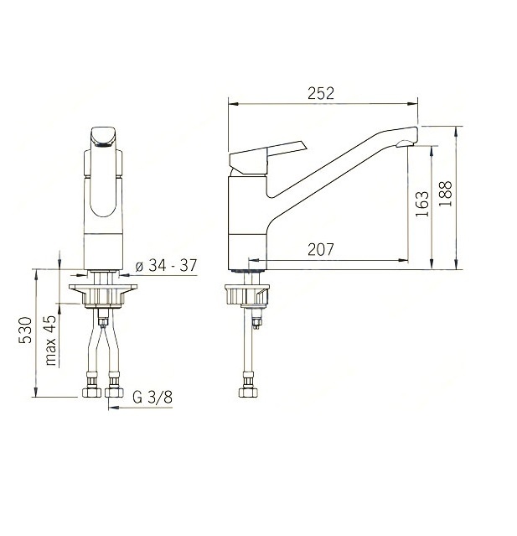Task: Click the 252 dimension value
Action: click(320, 93)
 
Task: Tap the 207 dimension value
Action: click(320, 249)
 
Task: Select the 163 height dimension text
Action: click(422, 204)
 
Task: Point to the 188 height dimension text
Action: click(445, 194)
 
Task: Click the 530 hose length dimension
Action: click(25, 330)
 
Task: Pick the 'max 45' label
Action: click(50, 341)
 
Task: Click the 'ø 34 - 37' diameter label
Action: click(166, 265)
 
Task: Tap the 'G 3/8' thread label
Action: click(153, 398)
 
